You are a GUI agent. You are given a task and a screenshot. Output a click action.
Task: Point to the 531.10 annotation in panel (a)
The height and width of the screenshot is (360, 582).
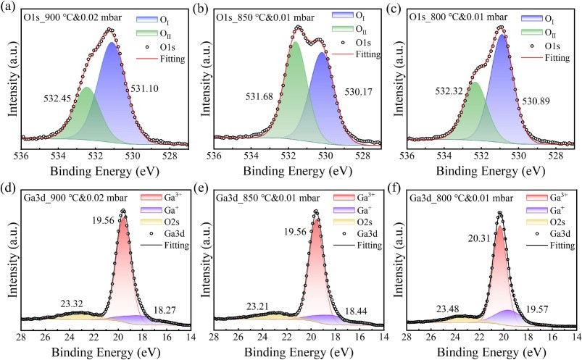[x=145, y=88]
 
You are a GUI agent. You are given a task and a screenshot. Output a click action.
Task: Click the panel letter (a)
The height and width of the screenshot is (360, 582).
[x=9, y=8]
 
